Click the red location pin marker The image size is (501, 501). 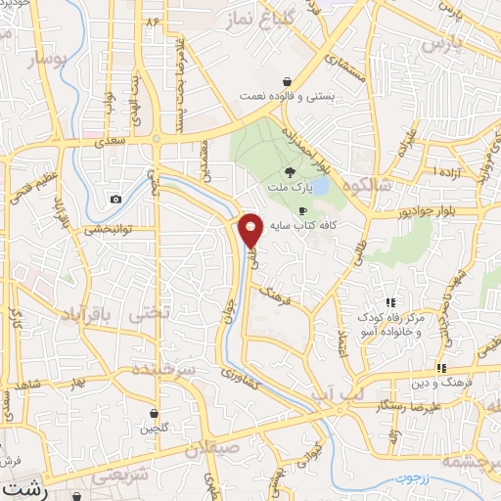[x=250, y=230]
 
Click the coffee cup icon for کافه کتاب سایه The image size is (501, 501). [x=302, y=210]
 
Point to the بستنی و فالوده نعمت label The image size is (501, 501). [x=288, y=97]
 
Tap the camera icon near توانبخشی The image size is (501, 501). [x=116, y=199]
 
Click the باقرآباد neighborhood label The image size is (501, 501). [x=71, y=315]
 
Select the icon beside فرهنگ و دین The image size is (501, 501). [x=442, y=368]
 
